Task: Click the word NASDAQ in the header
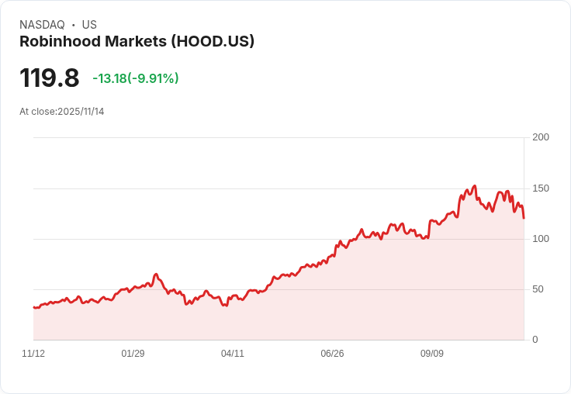[x=42, y=25]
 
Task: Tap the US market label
[x=89, y=25]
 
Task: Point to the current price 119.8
[x=49, y=78]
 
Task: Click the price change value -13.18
[x=109, y=78]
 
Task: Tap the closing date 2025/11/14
[x=81, y=112]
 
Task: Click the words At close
[x=37, y=112]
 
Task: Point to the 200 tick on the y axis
[x=541, y=137]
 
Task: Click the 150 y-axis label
[x=541, y=188]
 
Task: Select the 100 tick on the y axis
[x=541, y=239]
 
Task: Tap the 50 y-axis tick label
[x=538, y=289]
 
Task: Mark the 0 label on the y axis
[x=535, y=340]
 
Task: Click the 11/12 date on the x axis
[x=33, y=354]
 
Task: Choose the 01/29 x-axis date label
[x=133, y=354]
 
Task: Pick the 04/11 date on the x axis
[x=233, y=354]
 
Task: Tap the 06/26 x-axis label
[x=332, y=354]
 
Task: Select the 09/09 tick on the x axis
[x=432, y=354]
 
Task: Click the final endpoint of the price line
[x=524, y=218]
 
